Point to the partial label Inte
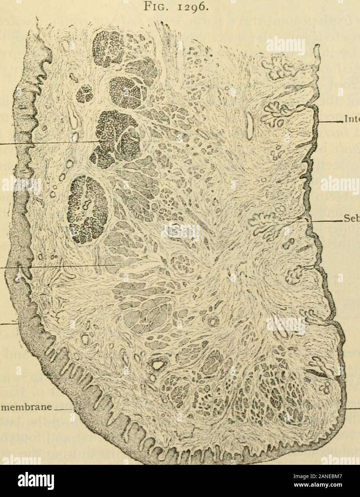click(x=351, y=115)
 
